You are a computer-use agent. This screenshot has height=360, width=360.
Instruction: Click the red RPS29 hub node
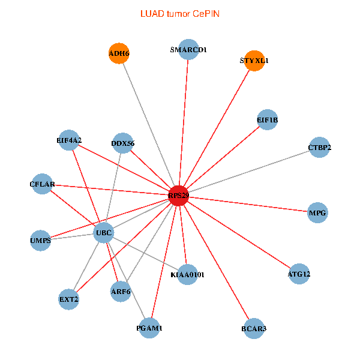coord(178,196)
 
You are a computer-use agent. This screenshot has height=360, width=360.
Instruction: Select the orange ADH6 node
coord(119,53)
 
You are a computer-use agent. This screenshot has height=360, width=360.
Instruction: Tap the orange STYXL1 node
coord(255,61)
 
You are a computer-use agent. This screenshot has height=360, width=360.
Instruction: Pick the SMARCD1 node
coord(188,50)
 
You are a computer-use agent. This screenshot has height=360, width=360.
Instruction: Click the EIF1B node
coord(267,120)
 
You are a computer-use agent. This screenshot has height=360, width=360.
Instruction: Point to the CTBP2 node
coord(319,148)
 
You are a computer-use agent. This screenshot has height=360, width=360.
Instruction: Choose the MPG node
coord(317,213)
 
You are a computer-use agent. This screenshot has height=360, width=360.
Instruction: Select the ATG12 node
coord(299,274)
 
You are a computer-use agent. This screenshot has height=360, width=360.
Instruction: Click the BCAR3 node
coord(254,328)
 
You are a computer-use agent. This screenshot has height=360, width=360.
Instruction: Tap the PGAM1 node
coord(149,328)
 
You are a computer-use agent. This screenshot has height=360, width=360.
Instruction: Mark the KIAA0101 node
coord(187,274)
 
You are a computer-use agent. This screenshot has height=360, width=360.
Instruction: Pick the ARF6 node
coord(121,292)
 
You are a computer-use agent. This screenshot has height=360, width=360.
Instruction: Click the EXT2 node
coord(69,298)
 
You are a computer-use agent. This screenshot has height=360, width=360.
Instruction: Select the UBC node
coord(104,233)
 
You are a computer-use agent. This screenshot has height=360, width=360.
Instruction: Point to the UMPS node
coord(41,241)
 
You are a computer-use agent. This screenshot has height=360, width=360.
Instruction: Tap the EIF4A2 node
coord(69,140)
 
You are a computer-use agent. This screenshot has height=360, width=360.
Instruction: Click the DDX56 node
coord(123,143)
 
